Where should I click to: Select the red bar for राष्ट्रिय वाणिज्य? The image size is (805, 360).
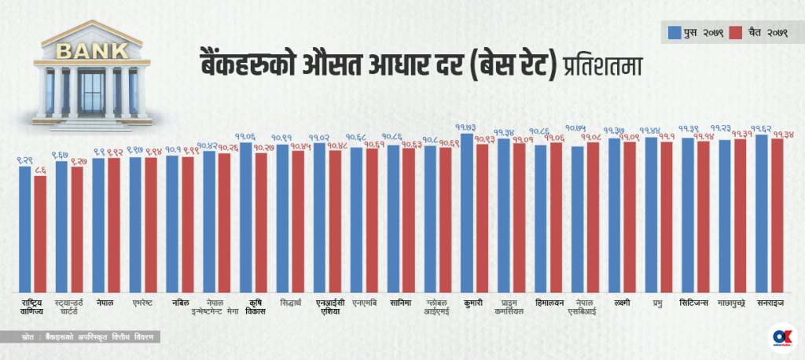39,233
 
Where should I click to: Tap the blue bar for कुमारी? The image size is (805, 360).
467,212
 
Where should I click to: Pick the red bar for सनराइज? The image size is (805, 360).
777,215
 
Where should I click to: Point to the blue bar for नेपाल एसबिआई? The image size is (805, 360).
577,219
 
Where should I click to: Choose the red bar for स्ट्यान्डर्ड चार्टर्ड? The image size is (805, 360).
76,228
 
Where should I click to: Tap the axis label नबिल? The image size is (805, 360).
180,302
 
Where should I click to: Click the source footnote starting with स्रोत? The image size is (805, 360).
86,336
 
